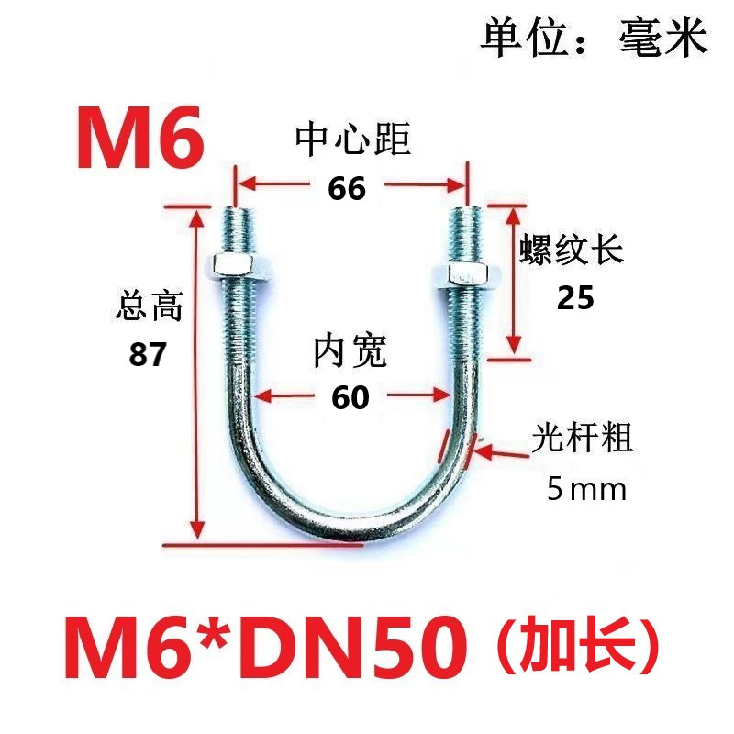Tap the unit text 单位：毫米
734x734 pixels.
(x=594, y=39)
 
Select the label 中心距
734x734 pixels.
(x=352, y=139)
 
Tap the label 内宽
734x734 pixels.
(x=350, y=351)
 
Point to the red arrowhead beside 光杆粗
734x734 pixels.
(x=484, y=450)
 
